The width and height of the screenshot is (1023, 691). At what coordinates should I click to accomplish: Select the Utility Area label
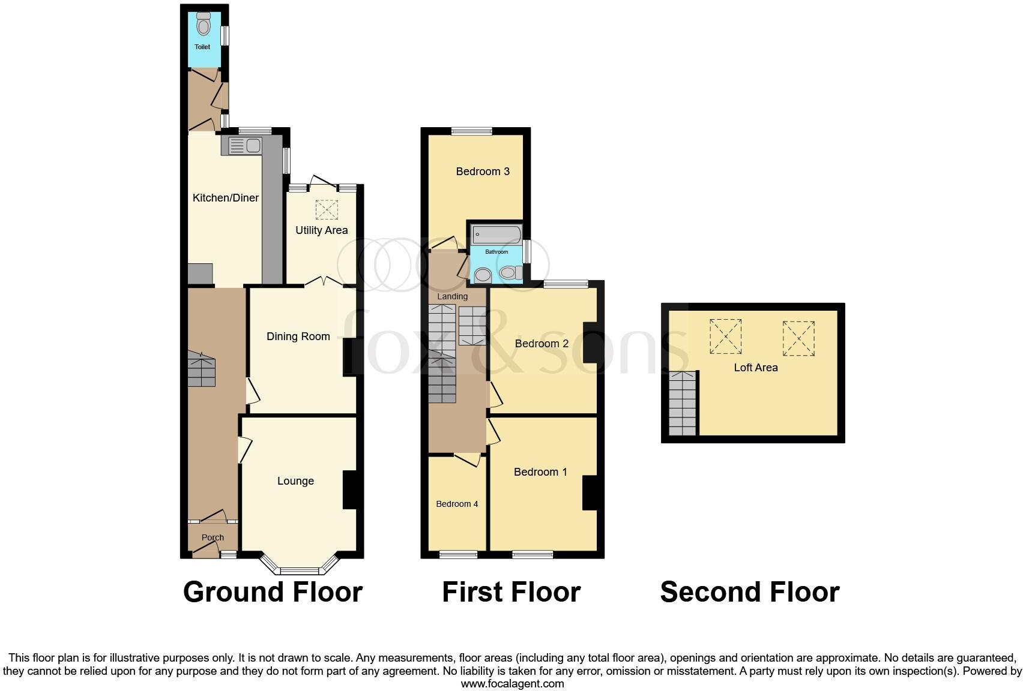pos(321,230)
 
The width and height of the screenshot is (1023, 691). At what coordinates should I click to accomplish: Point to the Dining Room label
pos(298,337)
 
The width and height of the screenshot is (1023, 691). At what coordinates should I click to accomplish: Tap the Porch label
pos(213,537)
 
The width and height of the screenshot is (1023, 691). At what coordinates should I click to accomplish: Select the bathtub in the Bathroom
pos(496,234)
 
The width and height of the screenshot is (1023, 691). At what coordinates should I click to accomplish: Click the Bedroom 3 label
pos(483,172)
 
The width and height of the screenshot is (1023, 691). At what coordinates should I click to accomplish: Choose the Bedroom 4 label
pos(457,504)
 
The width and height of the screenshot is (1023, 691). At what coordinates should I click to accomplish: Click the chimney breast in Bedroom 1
pos(590,492)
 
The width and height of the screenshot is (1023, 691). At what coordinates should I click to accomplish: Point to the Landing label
pos(452,296)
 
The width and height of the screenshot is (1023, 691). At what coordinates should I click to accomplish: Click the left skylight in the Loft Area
pos(725,337)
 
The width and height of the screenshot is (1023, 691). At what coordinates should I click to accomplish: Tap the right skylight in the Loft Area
pos(798,339)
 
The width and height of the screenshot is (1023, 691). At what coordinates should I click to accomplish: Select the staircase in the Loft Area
pos(683,403)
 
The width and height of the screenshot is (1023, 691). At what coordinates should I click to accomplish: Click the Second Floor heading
pos(749,592)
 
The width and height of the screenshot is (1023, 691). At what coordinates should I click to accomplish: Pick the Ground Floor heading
pos(273,592)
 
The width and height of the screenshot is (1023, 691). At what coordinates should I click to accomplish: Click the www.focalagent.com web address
pos(512,684)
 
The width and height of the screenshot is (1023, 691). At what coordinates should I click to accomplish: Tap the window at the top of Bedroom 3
pos(471,131)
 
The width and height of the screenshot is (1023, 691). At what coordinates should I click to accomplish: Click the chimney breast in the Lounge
pos(349,490)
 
